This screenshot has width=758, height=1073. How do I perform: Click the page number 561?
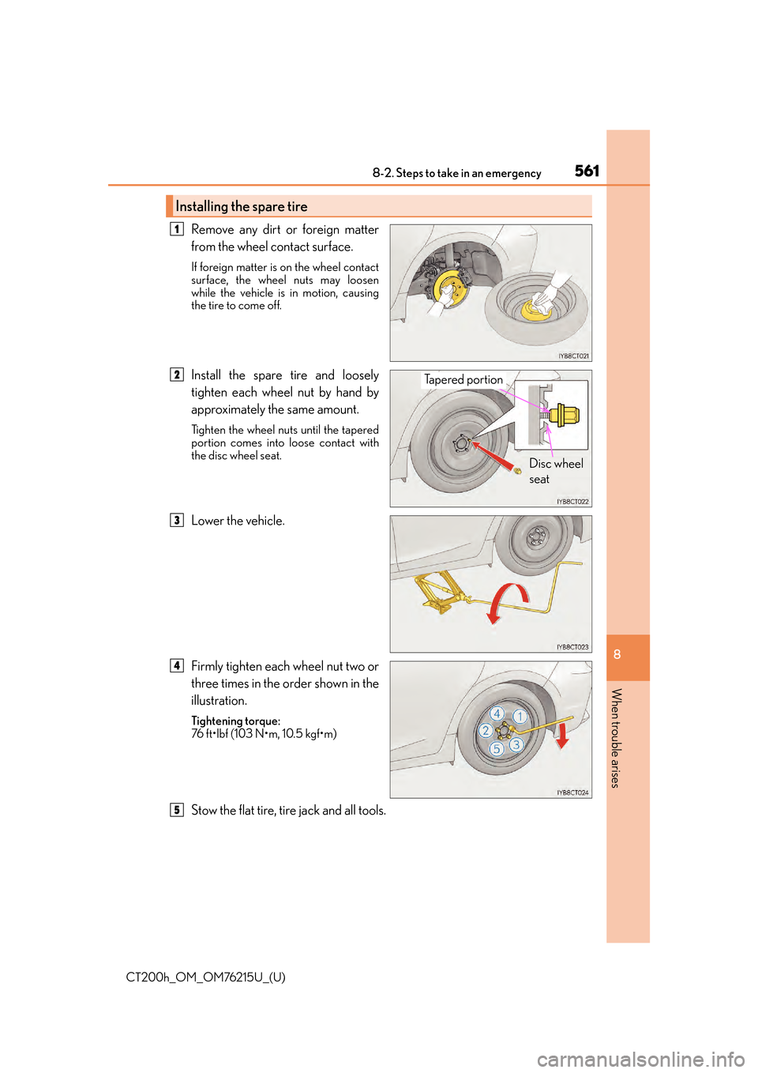tap(587, 171)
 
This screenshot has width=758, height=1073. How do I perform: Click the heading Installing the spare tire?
tap(242, 206)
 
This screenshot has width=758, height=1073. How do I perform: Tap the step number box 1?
tap(177, 229)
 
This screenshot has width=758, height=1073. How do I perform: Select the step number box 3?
tap(177, 520)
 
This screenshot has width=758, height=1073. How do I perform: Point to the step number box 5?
tap(177, 810)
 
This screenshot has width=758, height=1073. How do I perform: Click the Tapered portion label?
tap(463, 379)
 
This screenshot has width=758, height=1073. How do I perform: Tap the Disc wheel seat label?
tap(555, 471)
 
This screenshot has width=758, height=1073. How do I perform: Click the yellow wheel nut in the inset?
tap(565, 414)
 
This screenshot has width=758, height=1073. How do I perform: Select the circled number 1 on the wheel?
tap(520, 717)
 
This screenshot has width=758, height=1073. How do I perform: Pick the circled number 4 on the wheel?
tap(497, 713)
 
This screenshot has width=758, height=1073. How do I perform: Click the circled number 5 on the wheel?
tap(497, 749)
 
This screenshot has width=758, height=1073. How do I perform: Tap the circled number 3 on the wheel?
tap(516, 744)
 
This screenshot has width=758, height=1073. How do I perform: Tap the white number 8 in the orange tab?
tap(617, 654)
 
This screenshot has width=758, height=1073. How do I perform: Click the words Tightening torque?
tap(235, 721)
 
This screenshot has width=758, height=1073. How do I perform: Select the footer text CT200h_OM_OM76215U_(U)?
tap(205, 977)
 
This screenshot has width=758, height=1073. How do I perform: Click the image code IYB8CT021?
tap(573, 356)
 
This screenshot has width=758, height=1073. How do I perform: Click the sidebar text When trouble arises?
tap(617, 738)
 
